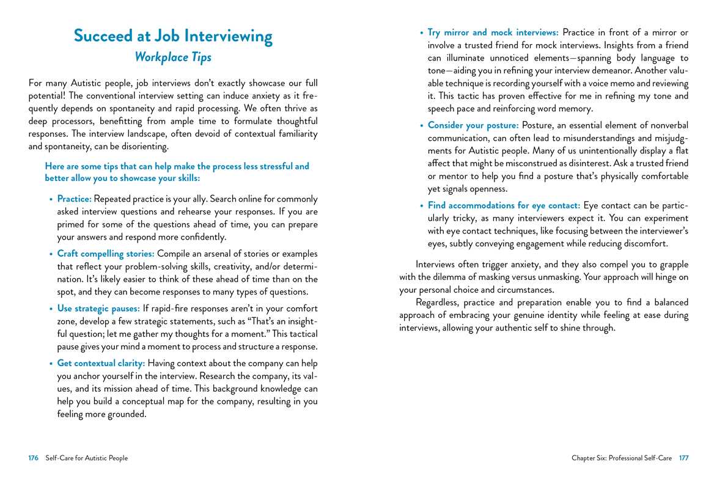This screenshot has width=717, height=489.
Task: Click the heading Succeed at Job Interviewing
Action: click(x=173, y=35)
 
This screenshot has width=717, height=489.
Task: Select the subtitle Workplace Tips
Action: click(x=173, y=57)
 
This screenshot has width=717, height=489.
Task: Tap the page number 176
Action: click(x=34, y=458)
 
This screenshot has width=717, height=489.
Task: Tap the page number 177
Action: click(x=683, y=458)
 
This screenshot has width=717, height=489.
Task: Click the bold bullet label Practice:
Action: click(x=75, y=199)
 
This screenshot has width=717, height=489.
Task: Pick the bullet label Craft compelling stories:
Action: click(x=106, y=254)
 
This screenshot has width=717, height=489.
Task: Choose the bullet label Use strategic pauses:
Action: click(x=98, y=308)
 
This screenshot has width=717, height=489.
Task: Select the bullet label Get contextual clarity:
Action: click(x=101, y=363)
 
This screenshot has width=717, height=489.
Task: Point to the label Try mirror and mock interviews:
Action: click(x=493, y=32)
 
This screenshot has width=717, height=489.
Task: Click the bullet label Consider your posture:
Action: click(x=473, y=125)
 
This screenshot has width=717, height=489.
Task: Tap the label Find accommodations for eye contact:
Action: click(x=504, y=205)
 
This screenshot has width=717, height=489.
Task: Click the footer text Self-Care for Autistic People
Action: click(x=86, y=458)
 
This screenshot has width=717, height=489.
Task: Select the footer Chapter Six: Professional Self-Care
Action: click(x=622, y=458)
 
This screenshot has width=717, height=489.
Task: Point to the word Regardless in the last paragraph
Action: click(x=437, y=303)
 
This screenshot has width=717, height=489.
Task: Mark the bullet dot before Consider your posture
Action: click(x=421, y=126)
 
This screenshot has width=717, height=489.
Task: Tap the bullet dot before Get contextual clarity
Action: click(x=51, y=364)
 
